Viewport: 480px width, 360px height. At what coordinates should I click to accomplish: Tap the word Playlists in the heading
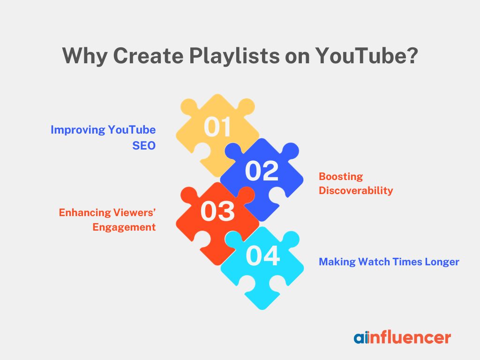234,57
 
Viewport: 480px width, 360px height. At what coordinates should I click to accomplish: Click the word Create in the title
148,56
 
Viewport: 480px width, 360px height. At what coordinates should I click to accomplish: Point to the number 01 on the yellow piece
217,127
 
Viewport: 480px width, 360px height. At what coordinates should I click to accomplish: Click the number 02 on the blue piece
262,171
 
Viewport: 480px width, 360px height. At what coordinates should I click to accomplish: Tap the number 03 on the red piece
217,211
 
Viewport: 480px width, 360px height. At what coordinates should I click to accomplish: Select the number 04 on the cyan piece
262,256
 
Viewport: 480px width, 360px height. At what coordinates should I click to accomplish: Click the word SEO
144,145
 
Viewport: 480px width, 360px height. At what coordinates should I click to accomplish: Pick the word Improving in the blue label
78,130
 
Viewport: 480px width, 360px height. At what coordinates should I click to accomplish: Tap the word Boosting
341,177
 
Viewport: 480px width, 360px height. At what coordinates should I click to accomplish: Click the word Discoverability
356,190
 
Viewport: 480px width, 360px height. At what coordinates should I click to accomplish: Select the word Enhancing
84,213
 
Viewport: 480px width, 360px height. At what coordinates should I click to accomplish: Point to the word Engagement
124,227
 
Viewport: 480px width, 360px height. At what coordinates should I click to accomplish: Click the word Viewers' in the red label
135,212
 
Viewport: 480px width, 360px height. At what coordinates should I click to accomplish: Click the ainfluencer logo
402,337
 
